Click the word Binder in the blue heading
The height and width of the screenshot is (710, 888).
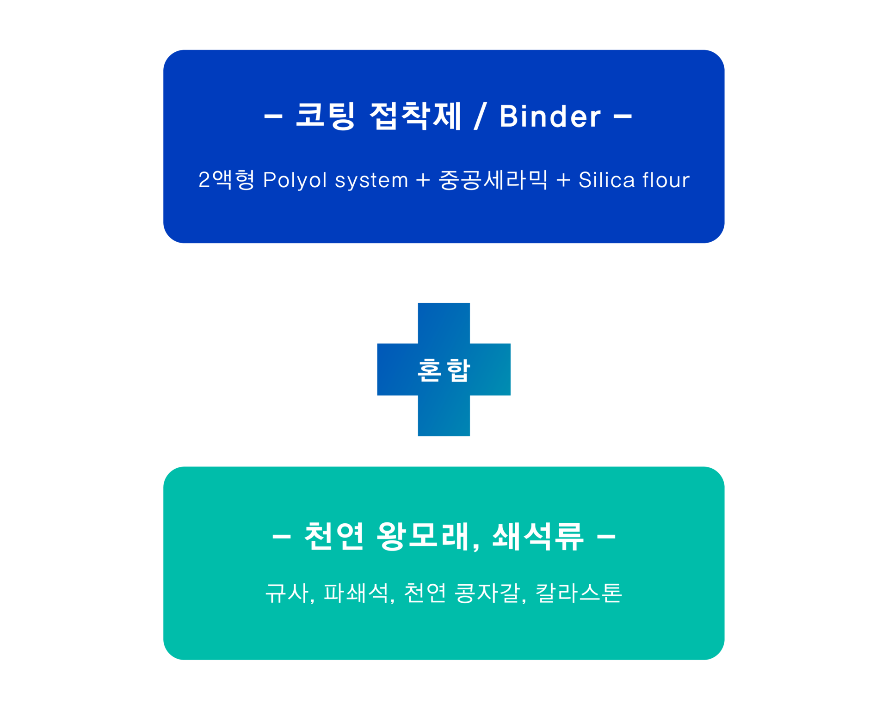(550, 116)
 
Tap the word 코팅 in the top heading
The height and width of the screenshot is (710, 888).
(325, 116)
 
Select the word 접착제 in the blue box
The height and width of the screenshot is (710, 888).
(415, 116)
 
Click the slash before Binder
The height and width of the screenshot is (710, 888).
(480, 116)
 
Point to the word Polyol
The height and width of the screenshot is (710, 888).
(295, 180)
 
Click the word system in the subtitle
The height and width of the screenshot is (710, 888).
(371, 180)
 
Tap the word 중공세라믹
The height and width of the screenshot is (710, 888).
(493, 180)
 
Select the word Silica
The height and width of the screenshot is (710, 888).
(606, 180)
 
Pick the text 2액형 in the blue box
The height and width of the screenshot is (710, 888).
(226, 180)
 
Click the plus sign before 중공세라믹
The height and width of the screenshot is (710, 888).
(423, 180)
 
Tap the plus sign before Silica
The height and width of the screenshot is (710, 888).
(563, 180)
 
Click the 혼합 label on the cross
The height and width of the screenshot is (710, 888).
(444, 370)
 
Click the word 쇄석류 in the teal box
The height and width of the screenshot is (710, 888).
(537, 537)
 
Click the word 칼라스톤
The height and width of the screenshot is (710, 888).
(579, 593)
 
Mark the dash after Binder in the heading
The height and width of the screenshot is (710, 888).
(623, 116)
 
